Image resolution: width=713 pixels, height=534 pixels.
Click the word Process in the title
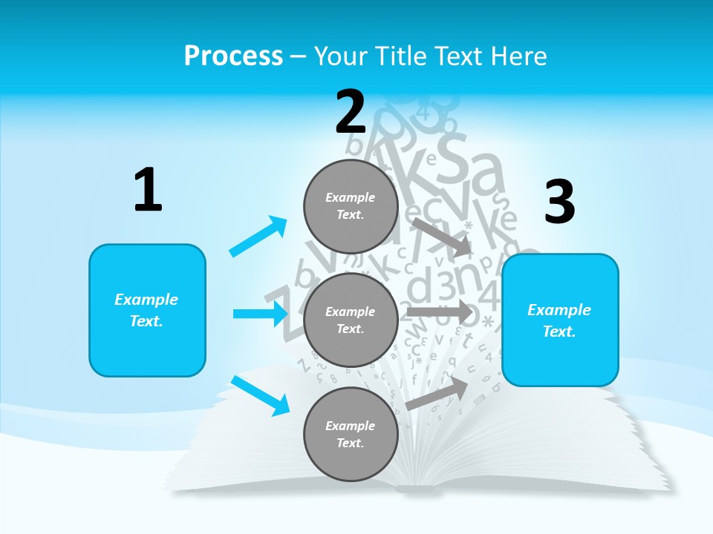click(233, 56)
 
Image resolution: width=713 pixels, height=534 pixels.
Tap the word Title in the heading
click(398, 56)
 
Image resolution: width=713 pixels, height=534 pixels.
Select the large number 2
click(351, 112)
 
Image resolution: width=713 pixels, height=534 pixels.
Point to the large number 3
click(560, 202)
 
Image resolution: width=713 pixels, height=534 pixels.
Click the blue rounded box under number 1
click(147, 310)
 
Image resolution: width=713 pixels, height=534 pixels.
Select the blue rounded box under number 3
click(560, 320)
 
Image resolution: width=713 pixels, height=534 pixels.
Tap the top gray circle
click(351, 206)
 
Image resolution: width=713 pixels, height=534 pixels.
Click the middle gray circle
click(351, 320)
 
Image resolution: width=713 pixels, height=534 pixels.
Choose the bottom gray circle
click(351, 434)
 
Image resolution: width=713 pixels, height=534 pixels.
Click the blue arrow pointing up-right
click(258, 237)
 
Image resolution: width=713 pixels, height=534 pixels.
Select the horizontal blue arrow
click(260, 314)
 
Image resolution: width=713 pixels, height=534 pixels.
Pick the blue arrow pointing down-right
click(260, 395)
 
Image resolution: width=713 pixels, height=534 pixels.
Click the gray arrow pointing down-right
click(443, 237)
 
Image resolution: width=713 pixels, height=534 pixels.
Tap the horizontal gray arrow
click(440, 311)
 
